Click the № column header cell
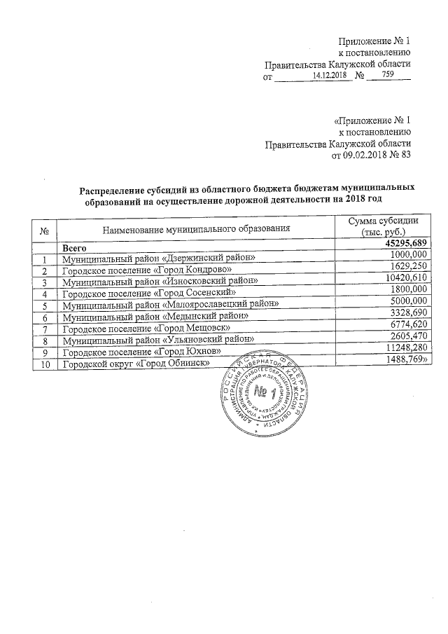tap(44, 229)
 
